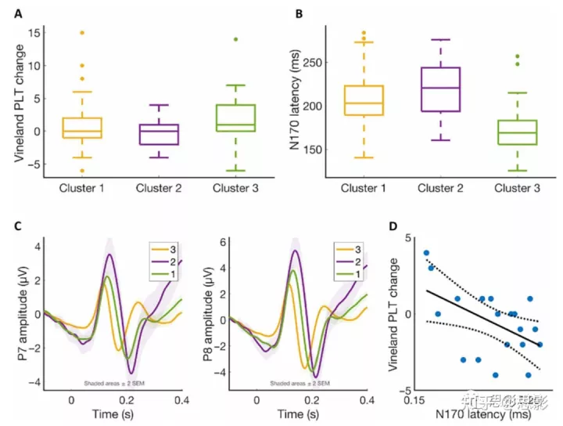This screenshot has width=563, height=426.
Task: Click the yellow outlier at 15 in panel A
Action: [x=81, y=33]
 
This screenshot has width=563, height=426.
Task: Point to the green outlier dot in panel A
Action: [x=246, y=39]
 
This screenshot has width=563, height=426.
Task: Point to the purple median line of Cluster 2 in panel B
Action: [x=441, y=88]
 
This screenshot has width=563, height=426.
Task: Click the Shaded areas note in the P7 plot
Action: [x=117, y=384]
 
